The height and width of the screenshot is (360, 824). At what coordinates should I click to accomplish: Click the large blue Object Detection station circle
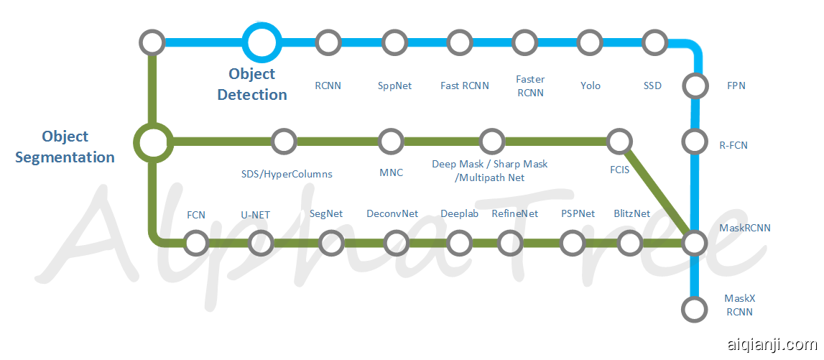tap(260, 42)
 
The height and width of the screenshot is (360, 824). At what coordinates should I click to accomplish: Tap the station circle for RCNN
tap(328, 42)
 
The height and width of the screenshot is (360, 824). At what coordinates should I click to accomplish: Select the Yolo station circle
tap(590, 42)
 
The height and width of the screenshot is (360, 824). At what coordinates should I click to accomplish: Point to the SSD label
tap(652, 86)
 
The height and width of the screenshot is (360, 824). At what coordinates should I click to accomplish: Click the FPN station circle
tap(695, 86)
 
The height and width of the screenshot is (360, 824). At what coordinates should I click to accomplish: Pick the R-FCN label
tap(733, 145)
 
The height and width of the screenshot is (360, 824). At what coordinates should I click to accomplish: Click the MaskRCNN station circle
tap(695, 243)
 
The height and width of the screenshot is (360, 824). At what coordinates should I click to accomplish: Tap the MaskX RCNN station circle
tap(693, 310)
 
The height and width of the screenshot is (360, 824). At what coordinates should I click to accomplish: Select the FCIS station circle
tap(619, 142)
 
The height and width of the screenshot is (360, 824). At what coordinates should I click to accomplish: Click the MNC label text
tap(391, 172)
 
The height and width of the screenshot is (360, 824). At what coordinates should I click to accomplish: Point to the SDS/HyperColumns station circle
tap(284, 142)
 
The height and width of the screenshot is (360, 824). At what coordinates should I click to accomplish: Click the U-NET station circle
tap(260, 243)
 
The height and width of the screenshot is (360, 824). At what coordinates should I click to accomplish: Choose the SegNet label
tap(326, 213)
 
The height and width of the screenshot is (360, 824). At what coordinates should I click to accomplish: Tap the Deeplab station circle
tap(459, 243)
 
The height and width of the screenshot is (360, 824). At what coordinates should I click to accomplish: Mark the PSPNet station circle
tap(573, 243)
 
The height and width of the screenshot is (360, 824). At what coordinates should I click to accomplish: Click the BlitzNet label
tap(632, 213)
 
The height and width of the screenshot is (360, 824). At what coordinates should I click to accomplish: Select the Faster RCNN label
tap(530, 86)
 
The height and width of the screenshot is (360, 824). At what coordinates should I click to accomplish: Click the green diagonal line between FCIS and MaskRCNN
tap(657, 193)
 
